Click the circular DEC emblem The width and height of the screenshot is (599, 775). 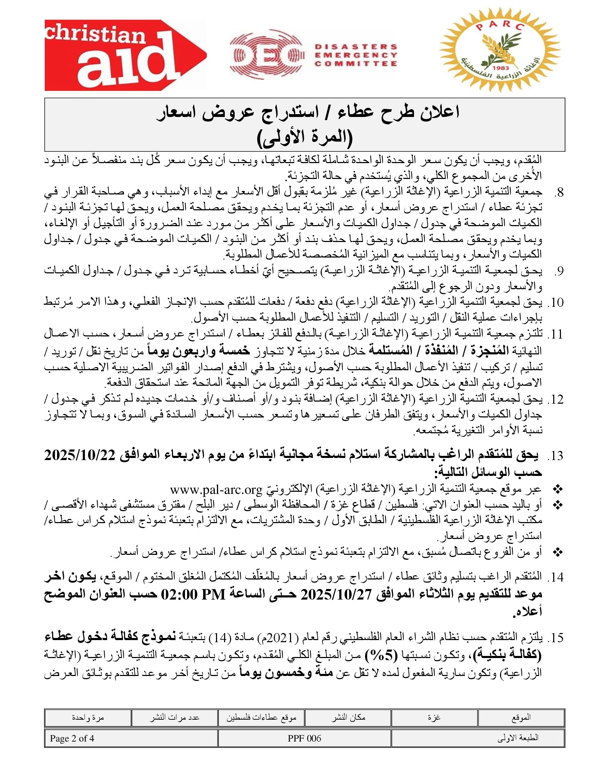click(266, 55)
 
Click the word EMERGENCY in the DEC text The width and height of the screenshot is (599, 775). click(356, 55)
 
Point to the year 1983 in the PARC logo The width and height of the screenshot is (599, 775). click(501, 67)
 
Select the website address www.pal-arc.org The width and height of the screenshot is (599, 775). click(216, 490)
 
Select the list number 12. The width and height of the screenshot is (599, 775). click(555, 399)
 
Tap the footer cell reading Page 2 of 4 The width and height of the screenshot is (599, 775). click(72, 738)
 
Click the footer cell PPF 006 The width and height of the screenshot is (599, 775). click(304, 738)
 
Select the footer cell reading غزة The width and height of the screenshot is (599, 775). click(434, 718)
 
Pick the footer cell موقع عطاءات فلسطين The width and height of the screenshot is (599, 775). click(261, 718)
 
